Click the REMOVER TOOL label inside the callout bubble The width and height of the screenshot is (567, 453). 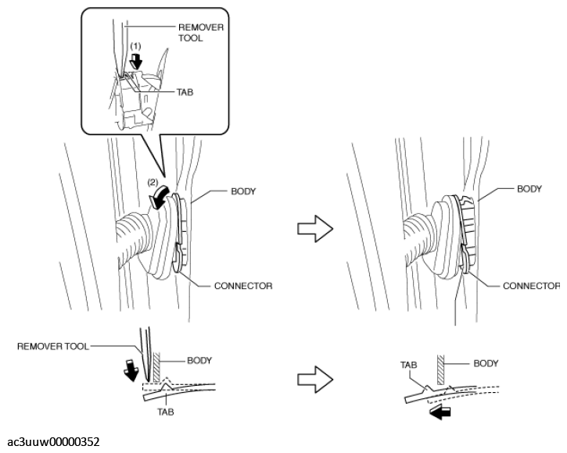coord(201,33)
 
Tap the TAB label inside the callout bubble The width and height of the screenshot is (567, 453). coord(185,92)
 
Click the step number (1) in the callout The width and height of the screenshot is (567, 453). coord(135,46)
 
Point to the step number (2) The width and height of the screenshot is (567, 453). coord(153,182)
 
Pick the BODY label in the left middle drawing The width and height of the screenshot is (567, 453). coord(243,191)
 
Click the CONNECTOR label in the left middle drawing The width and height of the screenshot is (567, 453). coord(243,286)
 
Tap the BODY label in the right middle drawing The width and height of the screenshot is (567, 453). coord(529,188)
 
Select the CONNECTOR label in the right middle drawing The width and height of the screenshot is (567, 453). coord(531,286)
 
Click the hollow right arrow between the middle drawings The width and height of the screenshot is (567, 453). coord(315,229)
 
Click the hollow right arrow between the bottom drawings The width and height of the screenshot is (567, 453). coord(315,380)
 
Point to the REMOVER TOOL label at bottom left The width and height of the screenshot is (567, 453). coord(53,347)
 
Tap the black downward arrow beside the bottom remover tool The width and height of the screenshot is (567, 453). coord(131,370)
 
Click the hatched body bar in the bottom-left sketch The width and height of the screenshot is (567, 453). coord(156,367)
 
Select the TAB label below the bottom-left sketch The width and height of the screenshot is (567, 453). coord(165,412)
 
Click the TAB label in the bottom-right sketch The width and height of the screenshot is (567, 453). coord(408,365)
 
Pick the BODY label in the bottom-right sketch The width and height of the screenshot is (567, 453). coord(486,363)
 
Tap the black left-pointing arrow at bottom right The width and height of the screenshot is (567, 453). coord(440,412)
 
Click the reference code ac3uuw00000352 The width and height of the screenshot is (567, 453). coord(53,442)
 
